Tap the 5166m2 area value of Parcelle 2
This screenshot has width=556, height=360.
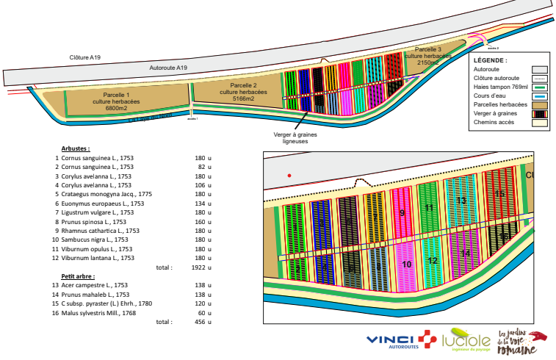tap(238, 98)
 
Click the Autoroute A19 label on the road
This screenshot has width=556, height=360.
tap(168, 68)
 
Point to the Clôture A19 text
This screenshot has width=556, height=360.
tap(84, 57)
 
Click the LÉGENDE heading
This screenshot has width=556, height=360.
tap(491, 60)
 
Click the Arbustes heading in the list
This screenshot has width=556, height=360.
tap(76, 148)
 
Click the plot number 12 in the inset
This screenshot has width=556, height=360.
tap(432, 261)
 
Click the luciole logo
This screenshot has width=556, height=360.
tap(466, 342)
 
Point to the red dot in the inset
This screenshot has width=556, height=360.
tap(289, 175)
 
